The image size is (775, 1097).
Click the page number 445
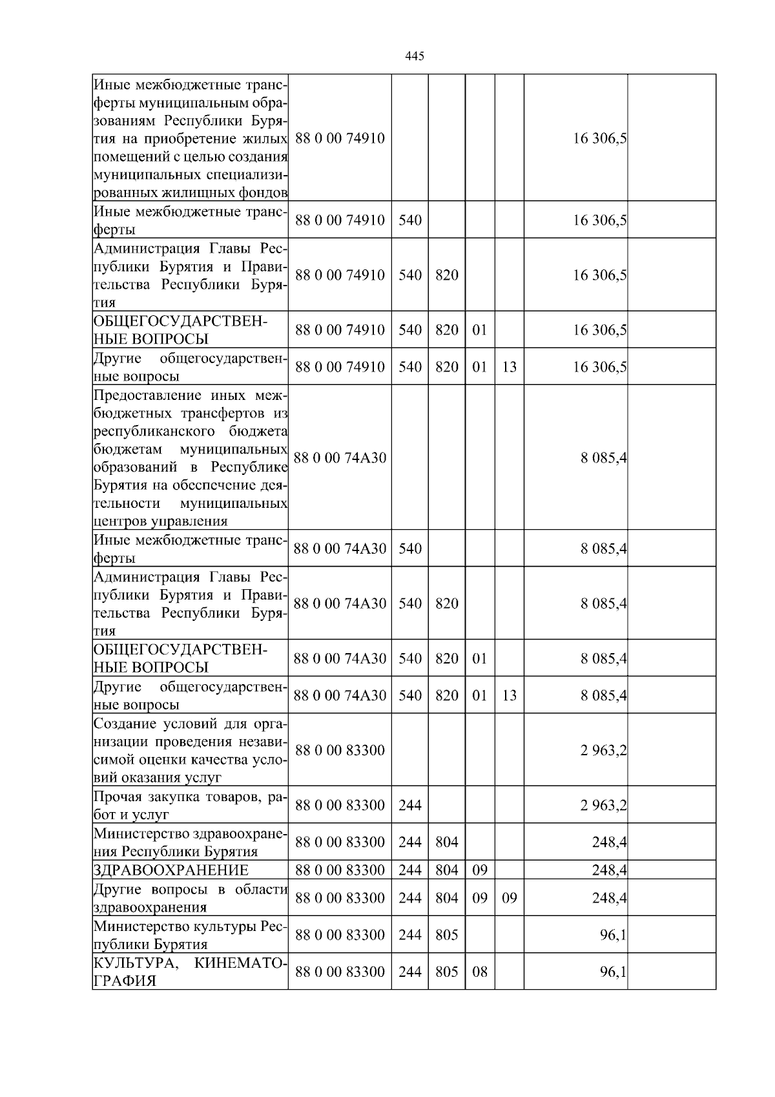click(414, 56)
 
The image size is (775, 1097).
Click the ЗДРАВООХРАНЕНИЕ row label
click(170, 870)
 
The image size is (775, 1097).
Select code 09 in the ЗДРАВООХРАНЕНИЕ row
click(479, 870)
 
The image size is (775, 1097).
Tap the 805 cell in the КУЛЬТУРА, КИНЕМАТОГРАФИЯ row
click(446, 972)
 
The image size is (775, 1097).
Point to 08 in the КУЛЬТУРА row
click(479, 972)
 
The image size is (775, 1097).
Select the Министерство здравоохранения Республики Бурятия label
click(190, 842)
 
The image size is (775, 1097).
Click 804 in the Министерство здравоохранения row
click(446, 842)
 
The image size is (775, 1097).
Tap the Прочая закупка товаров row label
click(190, 805)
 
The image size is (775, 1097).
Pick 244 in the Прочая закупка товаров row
click(409, 805)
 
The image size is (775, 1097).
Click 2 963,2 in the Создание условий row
click(603, 751)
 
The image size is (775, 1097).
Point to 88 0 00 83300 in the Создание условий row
click(340, 750)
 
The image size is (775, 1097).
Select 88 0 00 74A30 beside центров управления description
click(340, 458)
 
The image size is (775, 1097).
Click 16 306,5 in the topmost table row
click(600, 139)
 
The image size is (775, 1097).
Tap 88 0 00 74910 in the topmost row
click(340, 138)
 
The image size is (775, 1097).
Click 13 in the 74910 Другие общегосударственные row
click(509, 367)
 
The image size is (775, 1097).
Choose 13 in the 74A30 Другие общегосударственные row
click(509, 695)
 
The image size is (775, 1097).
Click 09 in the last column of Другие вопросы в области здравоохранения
click(509, 898)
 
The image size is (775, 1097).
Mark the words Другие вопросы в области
click(190, 890)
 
